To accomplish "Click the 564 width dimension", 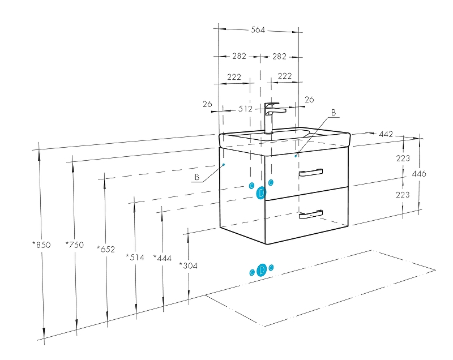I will click(258, 30).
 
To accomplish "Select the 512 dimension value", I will click(245, 109).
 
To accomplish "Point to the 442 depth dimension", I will click(386, 134).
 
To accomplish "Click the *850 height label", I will click(41, 245).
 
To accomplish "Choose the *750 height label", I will click(74, 245).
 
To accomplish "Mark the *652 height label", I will click(106, 248).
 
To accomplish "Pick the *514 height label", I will click(135, 258).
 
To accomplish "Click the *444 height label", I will click(162, 258).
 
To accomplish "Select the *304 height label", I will click(188, 265).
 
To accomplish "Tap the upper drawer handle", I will click(311, 172).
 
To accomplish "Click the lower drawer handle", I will click(311, 213).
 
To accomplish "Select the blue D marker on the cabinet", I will click(261, 193).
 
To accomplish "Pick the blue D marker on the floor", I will click(262, 271).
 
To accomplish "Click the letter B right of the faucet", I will click(334, 113).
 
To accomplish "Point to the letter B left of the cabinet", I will click(197, 177).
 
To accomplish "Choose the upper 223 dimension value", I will click(403, 158).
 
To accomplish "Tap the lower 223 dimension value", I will click(403, 195).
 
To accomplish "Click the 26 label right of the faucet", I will click(309, 100).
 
